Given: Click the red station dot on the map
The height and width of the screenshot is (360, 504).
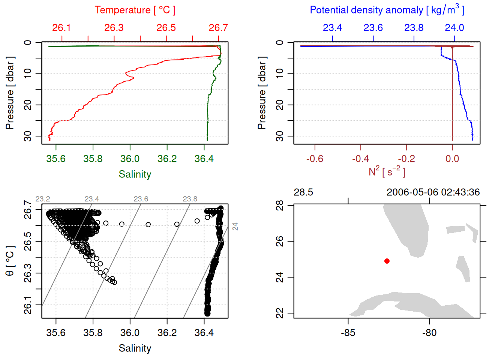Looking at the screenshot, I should [x=387, y=261].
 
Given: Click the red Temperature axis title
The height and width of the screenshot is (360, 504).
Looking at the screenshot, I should [x=135, y=10].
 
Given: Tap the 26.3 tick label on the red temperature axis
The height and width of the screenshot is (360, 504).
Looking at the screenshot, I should [x=114, y=28].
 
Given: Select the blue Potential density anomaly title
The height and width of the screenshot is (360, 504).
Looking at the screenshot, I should [x=387, y=10].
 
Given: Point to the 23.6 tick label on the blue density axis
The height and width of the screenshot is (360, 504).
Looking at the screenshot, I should [x=373, y=28].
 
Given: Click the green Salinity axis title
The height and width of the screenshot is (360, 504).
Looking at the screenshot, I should [x=135, y=174].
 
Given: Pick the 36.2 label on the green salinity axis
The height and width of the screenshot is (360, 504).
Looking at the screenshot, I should [x=167, y=159].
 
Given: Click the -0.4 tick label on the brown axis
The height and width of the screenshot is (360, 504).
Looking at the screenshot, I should [x=360, y=159].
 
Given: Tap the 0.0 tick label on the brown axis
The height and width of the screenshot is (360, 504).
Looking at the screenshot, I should [x=452, y=159].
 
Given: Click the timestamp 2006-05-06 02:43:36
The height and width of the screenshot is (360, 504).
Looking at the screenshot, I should [x=433, y=192].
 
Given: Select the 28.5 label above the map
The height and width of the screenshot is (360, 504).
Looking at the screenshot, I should [x=303, y=192].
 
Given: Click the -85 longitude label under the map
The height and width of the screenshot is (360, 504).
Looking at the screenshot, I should [x=348, y=333].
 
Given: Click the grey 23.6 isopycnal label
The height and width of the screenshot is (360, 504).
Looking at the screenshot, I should [x=141, y=199].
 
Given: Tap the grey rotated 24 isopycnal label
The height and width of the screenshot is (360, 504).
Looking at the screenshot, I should [x=235, y=226].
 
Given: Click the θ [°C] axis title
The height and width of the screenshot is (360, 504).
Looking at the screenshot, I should [x=10, y=261].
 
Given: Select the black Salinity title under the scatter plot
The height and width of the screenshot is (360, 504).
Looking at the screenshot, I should [x=135, y=348].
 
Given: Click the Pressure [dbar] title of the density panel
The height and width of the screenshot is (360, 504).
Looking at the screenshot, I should [x=262, y=93].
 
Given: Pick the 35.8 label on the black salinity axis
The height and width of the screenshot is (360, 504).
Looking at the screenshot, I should [x=93, y=333].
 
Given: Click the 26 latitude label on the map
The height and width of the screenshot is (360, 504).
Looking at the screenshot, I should [x=280, y=241].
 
